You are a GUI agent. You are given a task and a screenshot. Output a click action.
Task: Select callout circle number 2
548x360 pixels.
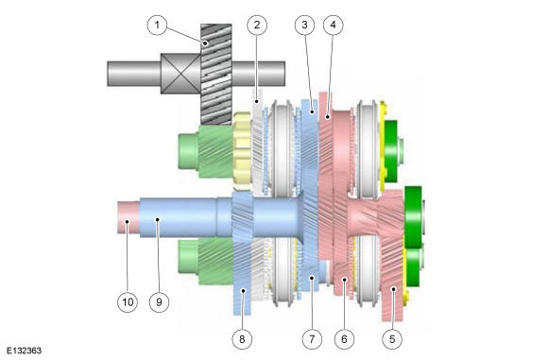(x=254, y=26)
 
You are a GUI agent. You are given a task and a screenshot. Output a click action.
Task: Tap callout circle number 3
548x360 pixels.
(x=302, y=26)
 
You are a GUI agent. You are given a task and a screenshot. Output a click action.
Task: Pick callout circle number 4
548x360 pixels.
(x=332, y=26)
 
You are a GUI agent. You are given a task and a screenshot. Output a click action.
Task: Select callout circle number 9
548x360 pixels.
(x=159, y=302)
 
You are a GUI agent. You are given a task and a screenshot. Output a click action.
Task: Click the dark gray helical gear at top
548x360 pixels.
(x=215, y=72)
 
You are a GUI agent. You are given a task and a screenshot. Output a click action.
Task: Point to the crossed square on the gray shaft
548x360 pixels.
(x=180, y=71)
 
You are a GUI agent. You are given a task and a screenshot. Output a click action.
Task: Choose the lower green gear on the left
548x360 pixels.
(x=201, y=260)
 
